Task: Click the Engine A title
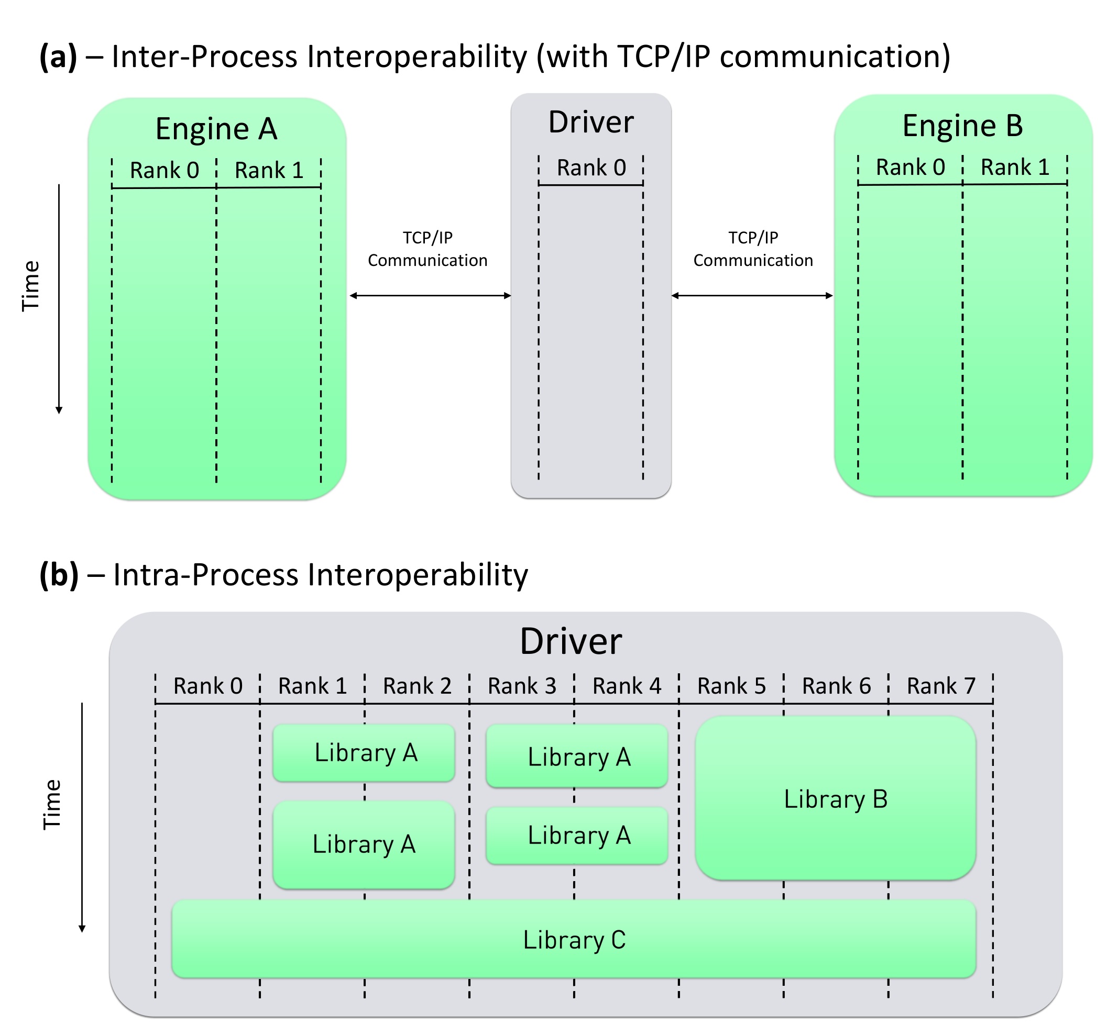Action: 216,129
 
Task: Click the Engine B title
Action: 962,126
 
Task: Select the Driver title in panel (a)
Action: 590,122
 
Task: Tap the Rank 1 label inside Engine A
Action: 268,170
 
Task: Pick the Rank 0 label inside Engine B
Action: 909,167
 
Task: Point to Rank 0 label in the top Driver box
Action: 590,168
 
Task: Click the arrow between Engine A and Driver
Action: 430,295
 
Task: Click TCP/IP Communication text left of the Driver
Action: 427,249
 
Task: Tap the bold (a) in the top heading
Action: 58,57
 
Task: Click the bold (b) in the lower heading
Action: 58,575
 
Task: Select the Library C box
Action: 573,939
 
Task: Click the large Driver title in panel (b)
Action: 570,641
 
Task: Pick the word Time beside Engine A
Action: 31,286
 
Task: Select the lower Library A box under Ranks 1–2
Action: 363,844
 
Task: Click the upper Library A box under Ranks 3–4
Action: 577,756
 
